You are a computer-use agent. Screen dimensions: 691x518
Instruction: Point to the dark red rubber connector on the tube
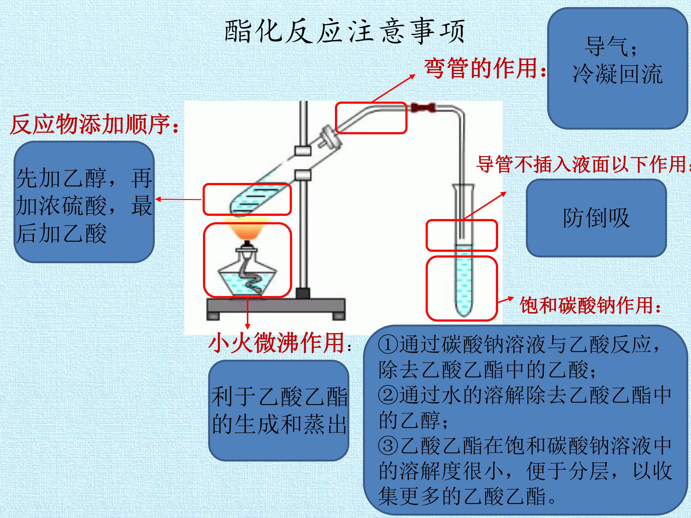(423, 108)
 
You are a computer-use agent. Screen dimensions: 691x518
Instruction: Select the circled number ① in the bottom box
(388, 344)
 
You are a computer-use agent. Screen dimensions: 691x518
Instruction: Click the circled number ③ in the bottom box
(388, 446)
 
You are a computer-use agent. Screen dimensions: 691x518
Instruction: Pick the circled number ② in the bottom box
(388, 395)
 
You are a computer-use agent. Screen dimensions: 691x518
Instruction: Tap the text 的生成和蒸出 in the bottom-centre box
(279, 424)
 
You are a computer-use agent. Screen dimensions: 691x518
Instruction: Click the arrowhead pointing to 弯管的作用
(412, 76)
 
